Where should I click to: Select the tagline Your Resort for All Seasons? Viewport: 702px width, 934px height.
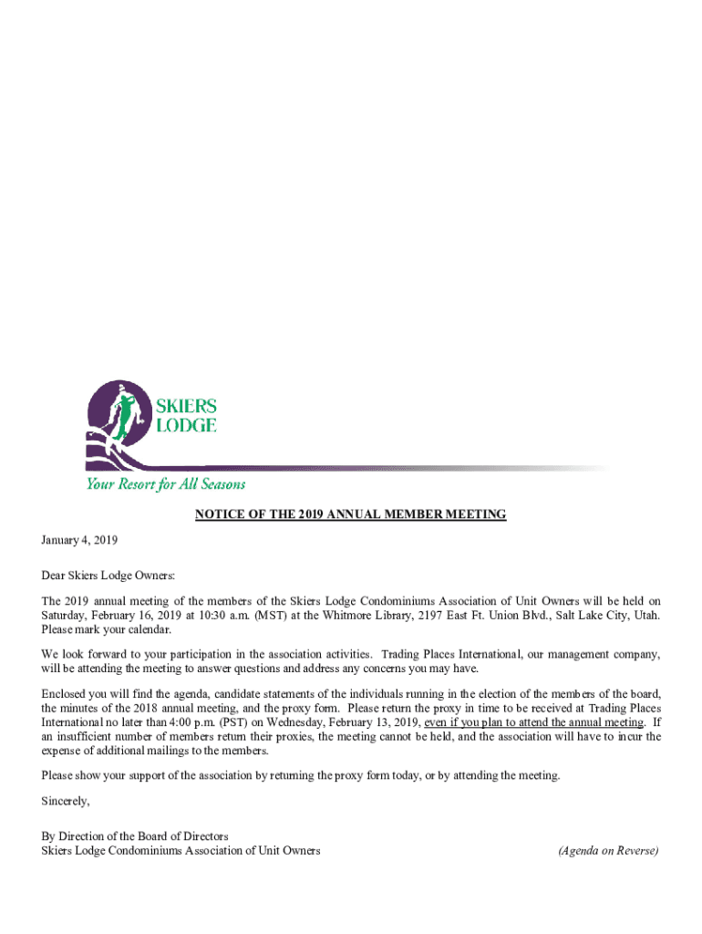pos(165,484)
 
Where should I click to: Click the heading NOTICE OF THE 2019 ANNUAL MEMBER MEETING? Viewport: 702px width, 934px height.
pos(350,515)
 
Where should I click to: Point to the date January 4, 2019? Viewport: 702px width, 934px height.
pos(79,540)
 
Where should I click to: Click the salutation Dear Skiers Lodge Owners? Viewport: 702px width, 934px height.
pos(108,576)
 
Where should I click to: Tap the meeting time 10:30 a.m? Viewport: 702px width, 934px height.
pos(217,616)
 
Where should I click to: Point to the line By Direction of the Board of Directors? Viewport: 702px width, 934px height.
pos(135,835)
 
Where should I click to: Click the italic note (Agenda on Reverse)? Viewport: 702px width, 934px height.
pos(608,851)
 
